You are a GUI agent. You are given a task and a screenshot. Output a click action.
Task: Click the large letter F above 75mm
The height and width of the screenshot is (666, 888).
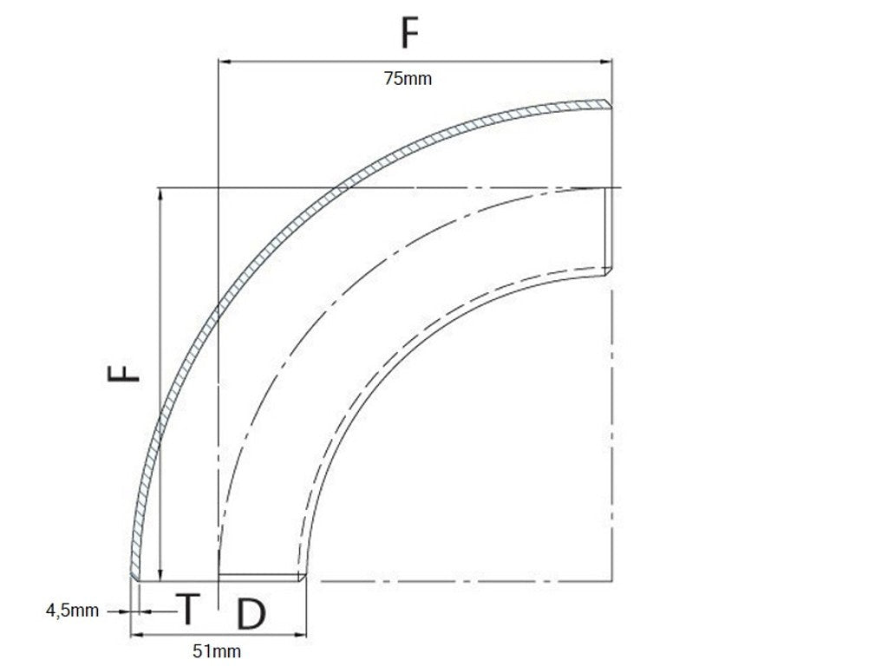tap(410, 33)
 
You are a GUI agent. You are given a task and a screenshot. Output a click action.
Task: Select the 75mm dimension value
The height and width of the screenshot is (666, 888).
tap(408, 79)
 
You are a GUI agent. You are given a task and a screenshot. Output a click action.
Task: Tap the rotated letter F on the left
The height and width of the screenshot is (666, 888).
tap(123, 374)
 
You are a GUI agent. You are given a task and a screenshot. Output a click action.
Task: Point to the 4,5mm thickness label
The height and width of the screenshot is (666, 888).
tap(72, 611)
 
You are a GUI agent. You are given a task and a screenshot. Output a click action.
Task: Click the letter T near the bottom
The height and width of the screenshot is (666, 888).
tap(188, 610)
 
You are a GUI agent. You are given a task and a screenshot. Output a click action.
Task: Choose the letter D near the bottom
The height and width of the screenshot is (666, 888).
tap(250, 614)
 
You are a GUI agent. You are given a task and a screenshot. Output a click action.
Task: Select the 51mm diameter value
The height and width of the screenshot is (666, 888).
tap(217, 650)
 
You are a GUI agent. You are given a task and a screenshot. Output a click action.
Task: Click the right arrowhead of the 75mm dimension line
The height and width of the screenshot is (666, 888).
tap(608, 61)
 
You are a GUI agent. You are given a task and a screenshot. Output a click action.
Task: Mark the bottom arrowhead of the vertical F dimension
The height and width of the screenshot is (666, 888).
tap(160, 575)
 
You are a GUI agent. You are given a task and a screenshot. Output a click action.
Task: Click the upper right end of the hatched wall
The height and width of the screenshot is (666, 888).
tap(609, 105)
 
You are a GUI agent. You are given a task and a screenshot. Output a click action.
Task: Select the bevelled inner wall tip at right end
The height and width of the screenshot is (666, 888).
tap(609, 272)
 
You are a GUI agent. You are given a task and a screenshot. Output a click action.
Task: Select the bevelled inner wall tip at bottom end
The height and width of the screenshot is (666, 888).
tap(303, 577)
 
